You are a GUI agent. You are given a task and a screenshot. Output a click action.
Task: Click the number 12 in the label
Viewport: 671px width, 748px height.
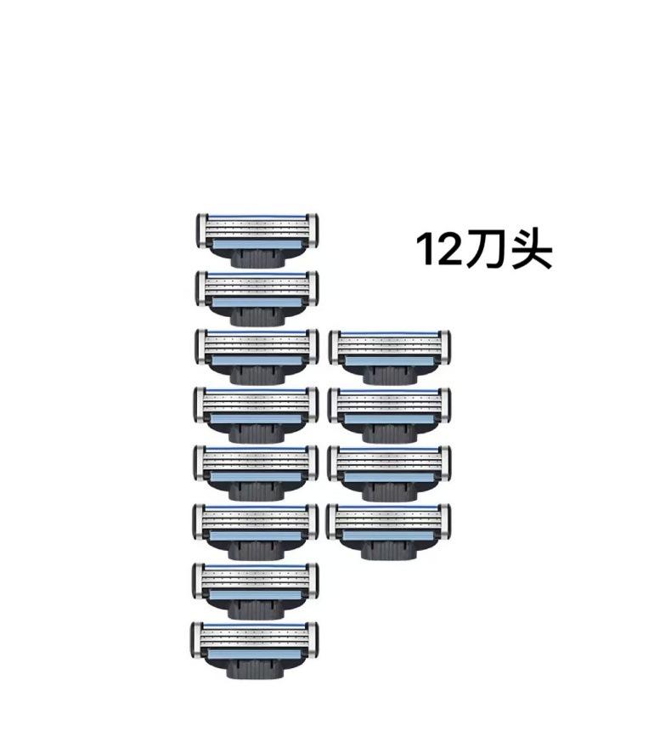[439, 249]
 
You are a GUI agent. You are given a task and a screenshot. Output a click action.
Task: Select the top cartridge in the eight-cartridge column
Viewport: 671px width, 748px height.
[257, 241]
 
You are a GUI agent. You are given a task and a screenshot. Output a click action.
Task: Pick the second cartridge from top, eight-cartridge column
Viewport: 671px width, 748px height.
[257, 298]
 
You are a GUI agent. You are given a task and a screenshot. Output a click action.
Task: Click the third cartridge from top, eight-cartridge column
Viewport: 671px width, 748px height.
[257, 356]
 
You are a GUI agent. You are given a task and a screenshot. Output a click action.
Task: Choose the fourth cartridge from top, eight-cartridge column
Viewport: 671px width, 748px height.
[257, 415]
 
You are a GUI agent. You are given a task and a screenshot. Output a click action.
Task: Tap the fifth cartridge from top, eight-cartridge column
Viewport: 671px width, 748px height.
[257, 473]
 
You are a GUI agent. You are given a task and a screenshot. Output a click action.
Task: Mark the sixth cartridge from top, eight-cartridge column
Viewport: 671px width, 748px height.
[256, 531]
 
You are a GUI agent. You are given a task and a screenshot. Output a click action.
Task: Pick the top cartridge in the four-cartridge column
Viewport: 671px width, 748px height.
[389, 356]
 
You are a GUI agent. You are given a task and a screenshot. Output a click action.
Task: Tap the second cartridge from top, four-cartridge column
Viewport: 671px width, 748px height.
[389, 415]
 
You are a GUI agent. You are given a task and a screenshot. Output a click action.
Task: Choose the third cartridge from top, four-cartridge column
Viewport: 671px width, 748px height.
[389, 473]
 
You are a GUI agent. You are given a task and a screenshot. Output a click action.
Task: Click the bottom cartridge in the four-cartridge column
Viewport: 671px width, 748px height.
[389, 531]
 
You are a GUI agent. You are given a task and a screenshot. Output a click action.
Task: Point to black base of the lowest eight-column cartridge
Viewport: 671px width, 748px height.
[255, 668]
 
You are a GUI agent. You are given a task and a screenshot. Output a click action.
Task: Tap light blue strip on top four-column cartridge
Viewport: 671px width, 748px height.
[388, 361]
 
